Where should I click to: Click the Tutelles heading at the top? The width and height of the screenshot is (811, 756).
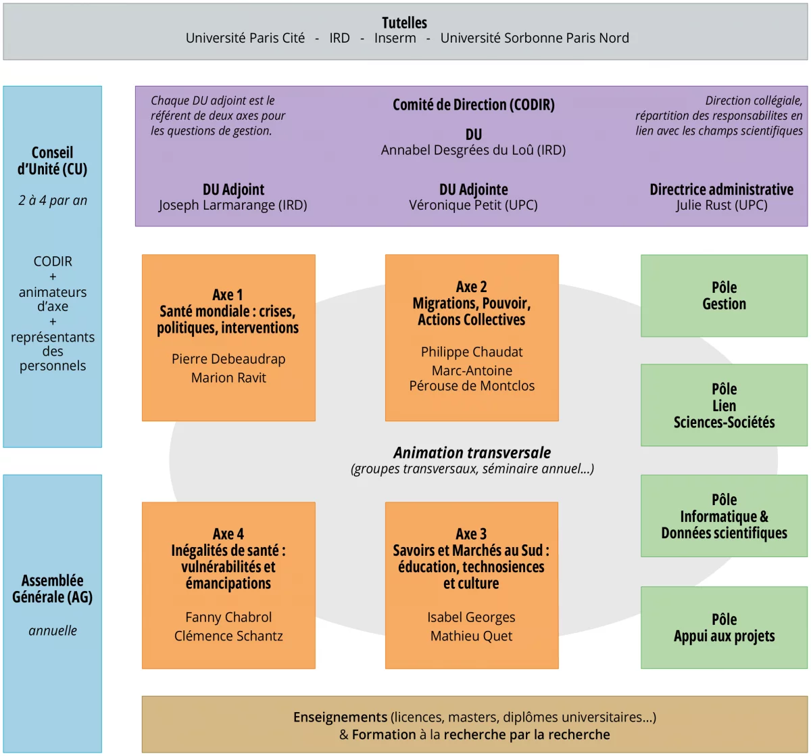click(x=404, y=22)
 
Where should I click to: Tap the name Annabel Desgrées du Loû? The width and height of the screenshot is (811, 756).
click(x=473, y=150)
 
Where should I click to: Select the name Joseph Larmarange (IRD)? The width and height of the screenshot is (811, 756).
click(x=233, y=205)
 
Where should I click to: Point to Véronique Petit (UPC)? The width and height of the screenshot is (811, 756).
click(x=473, y=205)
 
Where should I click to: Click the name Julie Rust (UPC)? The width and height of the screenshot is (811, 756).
click(x=722, y=205)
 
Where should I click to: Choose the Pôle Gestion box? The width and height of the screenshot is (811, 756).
click(x=724, y=296)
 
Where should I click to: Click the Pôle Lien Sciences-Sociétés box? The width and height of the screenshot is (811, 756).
click(x=724, y=405)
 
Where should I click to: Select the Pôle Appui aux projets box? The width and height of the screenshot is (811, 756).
click(x=724, y=628)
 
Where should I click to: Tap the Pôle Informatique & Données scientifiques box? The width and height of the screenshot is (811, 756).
click(x=724, y=516)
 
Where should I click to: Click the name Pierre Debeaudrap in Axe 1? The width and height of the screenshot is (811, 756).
click(x=228, y=359)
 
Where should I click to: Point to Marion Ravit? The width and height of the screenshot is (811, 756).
click(x=228, y=377)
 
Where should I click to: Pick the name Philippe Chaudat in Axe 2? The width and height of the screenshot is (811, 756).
click(x=472, y=352)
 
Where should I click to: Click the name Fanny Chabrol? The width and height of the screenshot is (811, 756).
click(x=228, y=617)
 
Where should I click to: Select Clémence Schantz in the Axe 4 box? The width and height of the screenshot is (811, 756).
click(x=228, y=636)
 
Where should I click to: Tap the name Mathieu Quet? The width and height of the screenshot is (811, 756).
click(x=472, y=636)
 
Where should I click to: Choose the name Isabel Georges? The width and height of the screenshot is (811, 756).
click(x=472, y=617)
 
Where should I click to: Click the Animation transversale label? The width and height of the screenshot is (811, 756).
click(x=472, y=452)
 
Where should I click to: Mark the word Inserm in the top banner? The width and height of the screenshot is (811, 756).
click(x=395, y=38)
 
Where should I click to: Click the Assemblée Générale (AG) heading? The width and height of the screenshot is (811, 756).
click(x=53, y=588)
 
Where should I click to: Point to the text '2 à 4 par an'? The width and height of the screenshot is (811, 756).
click(x=53, y=200)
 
